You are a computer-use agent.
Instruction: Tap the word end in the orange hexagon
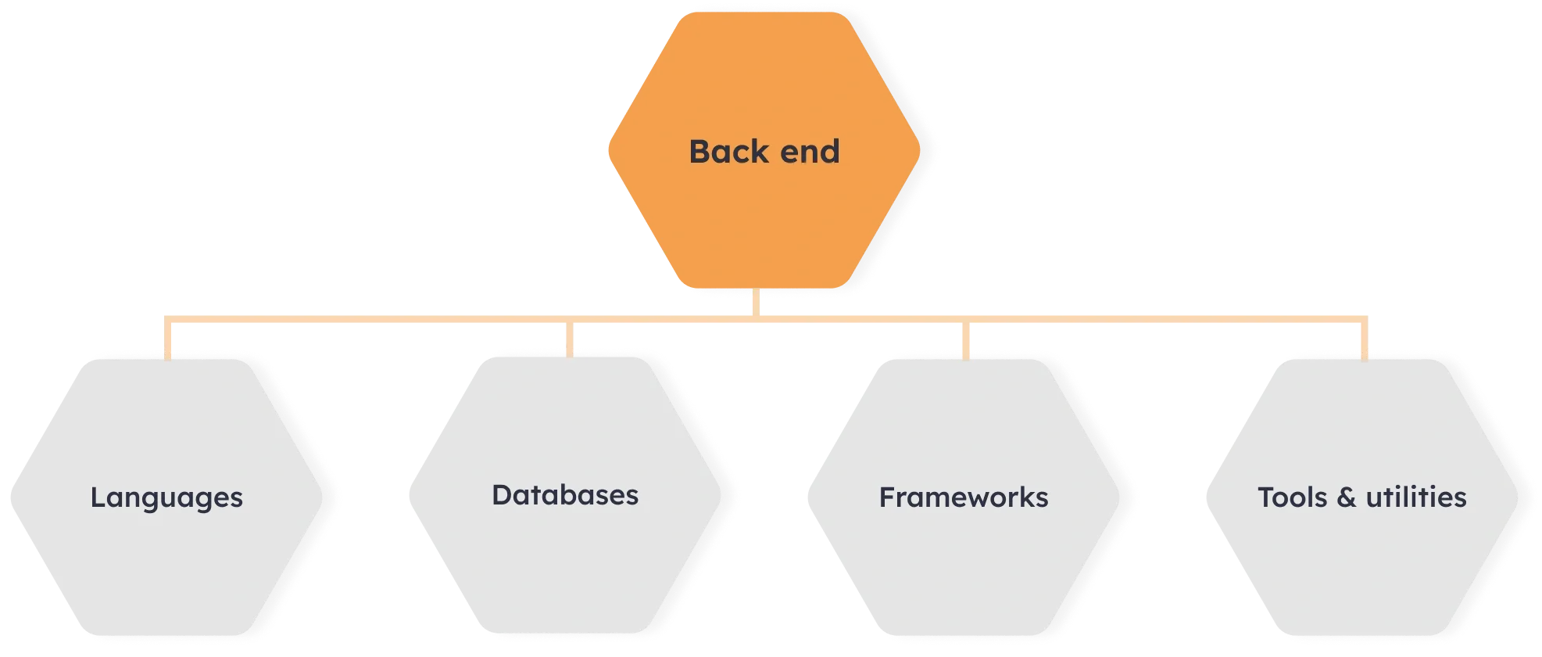tap(810, 152)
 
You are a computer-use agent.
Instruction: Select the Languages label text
tap(166, 498)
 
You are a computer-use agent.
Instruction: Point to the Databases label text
tap(565, 495)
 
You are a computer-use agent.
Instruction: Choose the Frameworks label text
tap(964, 497)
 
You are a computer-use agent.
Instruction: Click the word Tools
tap(1292, 497)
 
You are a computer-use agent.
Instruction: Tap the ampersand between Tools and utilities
tap(1346, 497)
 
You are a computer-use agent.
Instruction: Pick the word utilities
tap(1416, 497)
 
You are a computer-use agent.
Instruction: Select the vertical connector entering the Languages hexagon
tap(168, 339)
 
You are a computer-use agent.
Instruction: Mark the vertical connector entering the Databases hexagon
tap(568, 339)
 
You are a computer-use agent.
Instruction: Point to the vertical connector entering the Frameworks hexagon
tap(966, 339)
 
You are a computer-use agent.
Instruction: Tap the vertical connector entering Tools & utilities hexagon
tap(1364, 339)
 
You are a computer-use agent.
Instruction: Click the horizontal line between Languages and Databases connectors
tap(367, 318)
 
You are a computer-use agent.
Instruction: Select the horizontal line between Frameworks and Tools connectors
tap(1165, 318)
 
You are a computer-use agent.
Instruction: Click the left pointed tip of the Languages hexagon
tap(9, 496)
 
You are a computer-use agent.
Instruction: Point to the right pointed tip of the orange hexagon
tap(919, 150)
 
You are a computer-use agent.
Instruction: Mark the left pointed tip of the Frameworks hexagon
tap(809, 496)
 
